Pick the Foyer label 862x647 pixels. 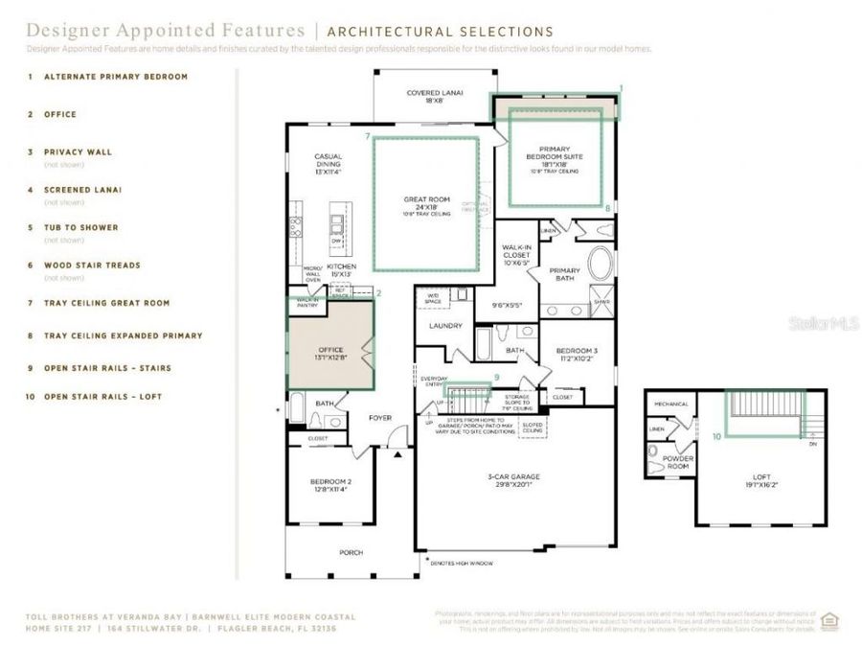pos(380,418)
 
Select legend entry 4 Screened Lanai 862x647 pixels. pos(82,190)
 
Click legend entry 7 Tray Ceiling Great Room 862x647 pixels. pos(106,303)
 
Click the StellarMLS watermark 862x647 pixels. pos(824,324)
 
